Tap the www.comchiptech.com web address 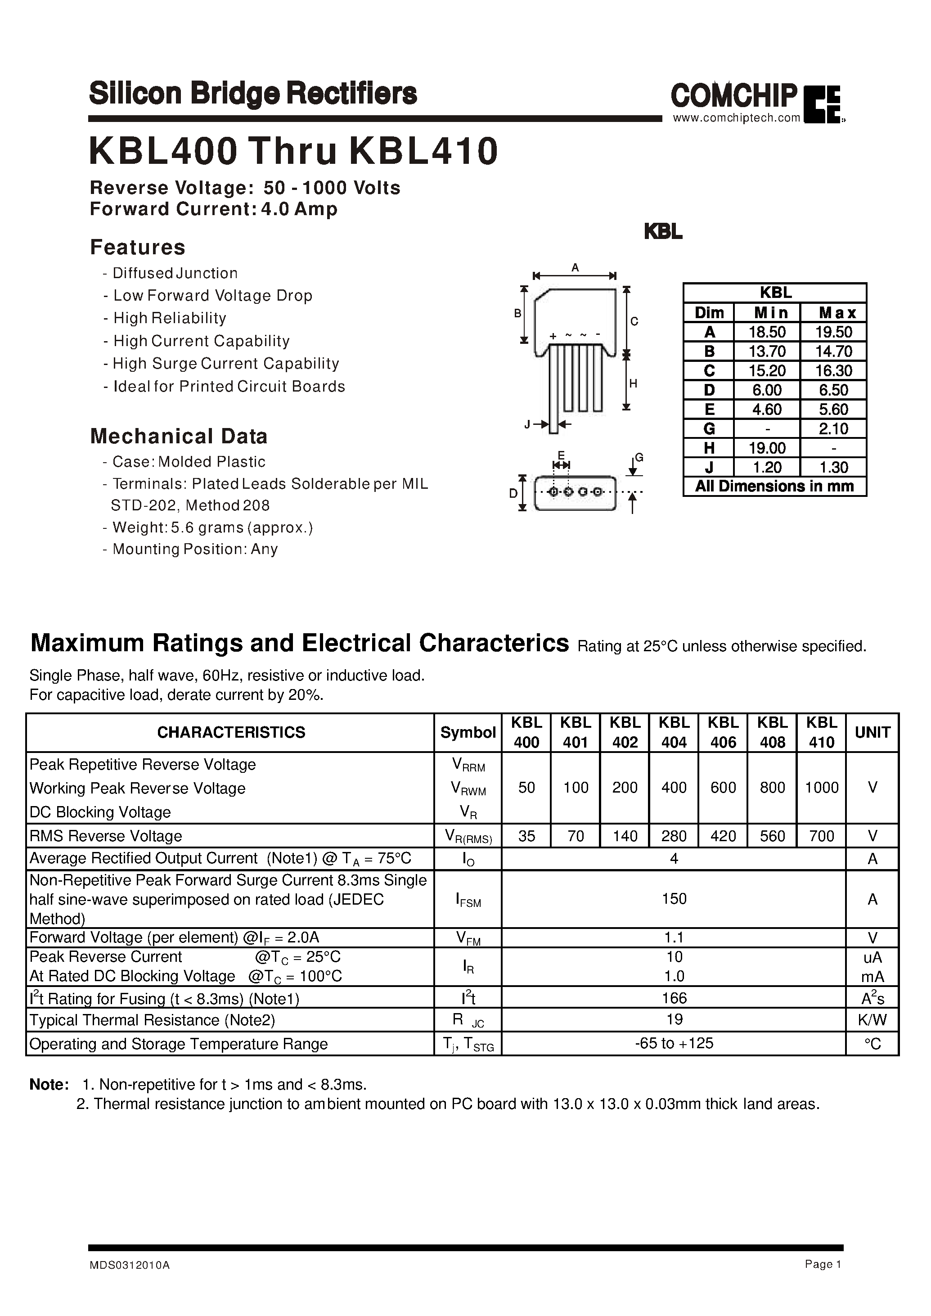point(736,118)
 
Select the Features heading point(138,247)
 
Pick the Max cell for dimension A point(835,333)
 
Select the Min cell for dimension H point(767,448)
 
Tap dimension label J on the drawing point(527,424)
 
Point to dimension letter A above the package point(575,268)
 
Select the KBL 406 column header point(723,732)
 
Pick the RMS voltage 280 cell point(674,836)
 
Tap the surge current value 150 point(674,898)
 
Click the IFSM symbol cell point(468,900)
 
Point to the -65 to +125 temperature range point(674,1043)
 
